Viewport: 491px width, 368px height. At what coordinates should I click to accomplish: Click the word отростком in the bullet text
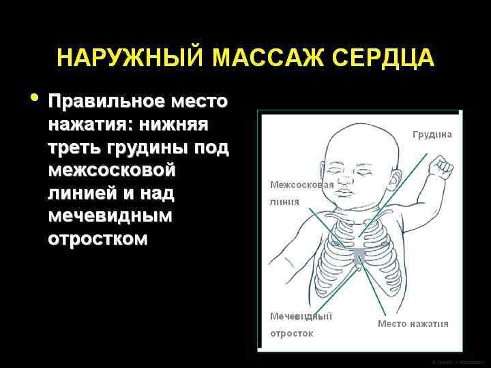pos(97,239)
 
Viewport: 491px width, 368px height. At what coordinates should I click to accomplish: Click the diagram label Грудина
pos(432,135)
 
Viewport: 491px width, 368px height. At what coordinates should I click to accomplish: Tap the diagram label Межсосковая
pos(301,185)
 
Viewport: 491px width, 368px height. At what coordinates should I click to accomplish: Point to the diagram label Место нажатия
pos(413,324)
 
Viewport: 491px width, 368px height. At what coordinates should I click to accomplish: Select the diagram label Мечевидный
pos(301,316)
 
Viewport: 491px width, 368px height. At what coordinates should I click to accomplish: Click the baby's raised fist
pos(441,166)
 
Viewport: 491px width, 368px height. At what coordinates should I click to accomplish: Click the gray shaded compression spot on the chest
pos(359,256)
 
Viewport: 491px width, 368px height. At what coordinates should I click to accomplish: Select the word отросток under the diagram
pos(292,334)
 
